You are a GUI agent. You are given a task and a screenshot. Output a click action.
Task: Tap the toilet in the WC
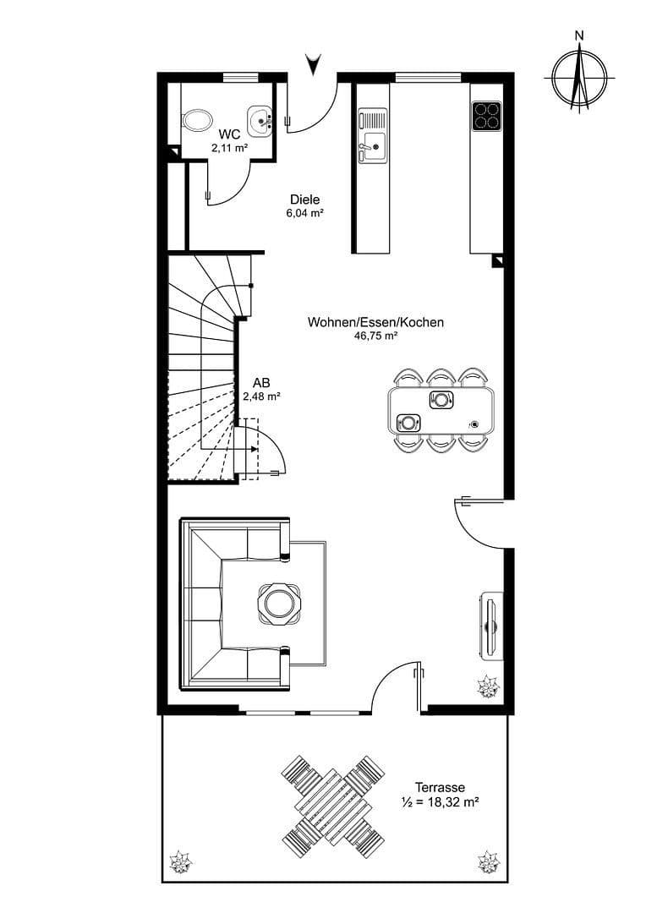[198, 119]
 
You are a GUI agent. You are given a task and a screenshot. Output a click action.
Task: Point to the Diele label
[304, 200]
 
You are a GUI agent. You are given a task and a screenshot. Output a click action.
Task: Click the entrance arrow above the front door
[315, 63]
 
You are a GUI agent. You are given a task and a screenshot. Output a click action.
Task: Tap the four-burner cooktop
[486, 115]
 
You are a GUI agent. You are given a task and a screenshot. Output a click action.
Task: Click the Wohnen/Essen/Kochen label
[375, 322]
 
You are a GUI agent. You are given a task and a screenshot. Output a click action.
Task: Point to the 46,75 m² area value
[375, 336]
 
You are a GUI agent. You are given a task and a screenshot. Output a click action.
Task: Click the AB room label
[261, 381]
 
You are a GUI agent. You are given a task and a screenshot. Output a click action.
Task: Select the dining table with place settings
[441, 409]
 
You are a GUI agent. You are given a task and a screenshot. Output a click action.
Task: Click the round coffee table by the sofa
[278, 604]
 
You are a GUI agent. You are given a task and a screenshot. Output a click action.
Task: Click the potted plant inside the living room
[488, 687]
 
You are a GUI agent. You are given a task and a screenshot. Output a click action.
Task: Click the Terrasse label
[440, 787]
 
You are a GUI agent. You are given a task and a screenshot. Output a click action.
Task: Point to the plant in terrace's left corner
[180, 863]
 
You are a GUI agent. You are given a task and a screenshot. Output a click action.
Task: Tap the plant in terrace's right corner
[488, 863]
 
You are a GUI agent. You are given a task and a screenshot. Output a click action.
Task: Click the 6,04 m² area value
[304, 214]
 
